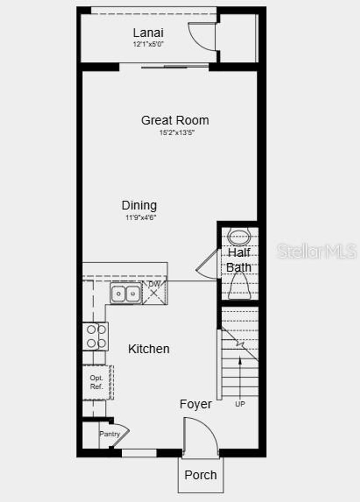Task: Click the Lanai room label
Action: click(148, 33)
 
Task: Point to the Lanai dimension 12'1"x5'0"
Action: click(148, 44)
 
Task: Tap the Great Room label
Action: click(175, 120)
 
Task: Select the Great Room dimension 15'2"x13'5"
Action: click(177, 133)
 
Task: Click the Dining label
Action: click(139, 205)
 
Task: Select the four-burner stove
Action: click(96, 336)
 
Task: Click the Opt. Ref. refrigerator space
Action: click(97, 382)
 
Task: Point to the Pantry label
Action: click(109, 434)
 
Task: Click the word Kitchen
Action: click(149, 349)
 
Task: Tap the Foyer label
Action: click(195, 404)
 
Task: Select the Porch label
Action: click(200, 475)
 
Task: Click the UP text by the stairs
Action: click(240, 404)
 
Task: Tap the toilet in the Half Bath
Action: click(239, 287)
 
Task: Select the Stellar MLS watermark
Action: click(316, 251)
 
